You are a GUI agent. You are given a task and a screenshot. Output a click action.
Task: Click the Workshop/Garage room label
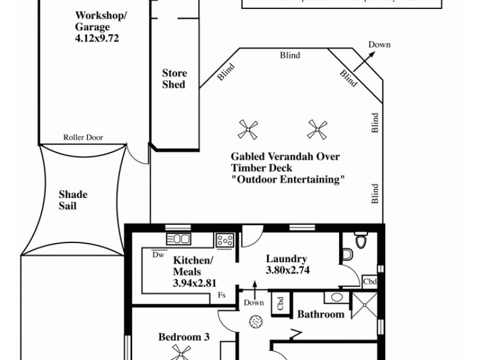click(101, 21)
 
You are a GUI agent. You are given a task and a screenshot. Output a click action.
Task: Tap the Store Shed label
click(174, 79)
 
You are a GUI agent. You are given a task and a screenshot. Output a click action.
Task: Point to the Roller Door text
click(83, 137)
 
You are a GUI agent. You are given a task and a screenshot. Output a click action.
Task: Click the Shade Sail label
click(73, 200)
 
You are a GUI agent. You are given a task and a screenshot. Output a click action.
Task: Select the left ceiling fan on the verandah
click(248, 128)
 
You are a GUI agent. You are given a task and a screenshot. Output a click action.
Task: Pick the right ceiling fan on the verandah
click(317, 128)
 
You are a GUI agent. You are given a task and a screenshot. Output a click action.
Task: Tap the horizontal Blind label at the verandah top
click(290, 55)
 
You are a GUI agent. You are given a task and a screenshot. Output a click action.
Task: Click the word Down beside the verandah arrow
click(379, 44)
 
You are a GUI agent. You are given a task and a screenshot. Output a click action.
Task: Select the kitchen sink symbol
click(178, 239)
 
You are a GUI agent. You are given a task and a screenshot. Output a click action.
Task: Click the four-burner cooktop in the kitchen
click(225, 240)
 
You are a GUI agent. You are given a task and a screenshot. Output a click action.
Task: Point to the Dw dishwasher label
click(158, 254)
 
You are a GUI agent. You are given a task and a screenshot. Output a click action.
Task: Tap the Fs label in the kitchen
click(221, 295)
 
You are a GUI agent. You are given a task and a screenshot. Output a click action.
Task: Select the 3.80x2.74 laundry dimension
click(287, 271)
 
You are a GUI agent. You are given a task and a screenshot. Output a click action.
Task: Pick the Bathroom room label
click(321, 314)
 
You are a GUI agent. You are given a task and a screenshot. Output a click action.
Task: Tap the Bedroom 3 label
click(184, 337)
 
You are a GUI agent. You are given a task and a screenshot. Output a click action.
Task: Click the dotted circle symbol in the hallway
click(256, 321)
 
